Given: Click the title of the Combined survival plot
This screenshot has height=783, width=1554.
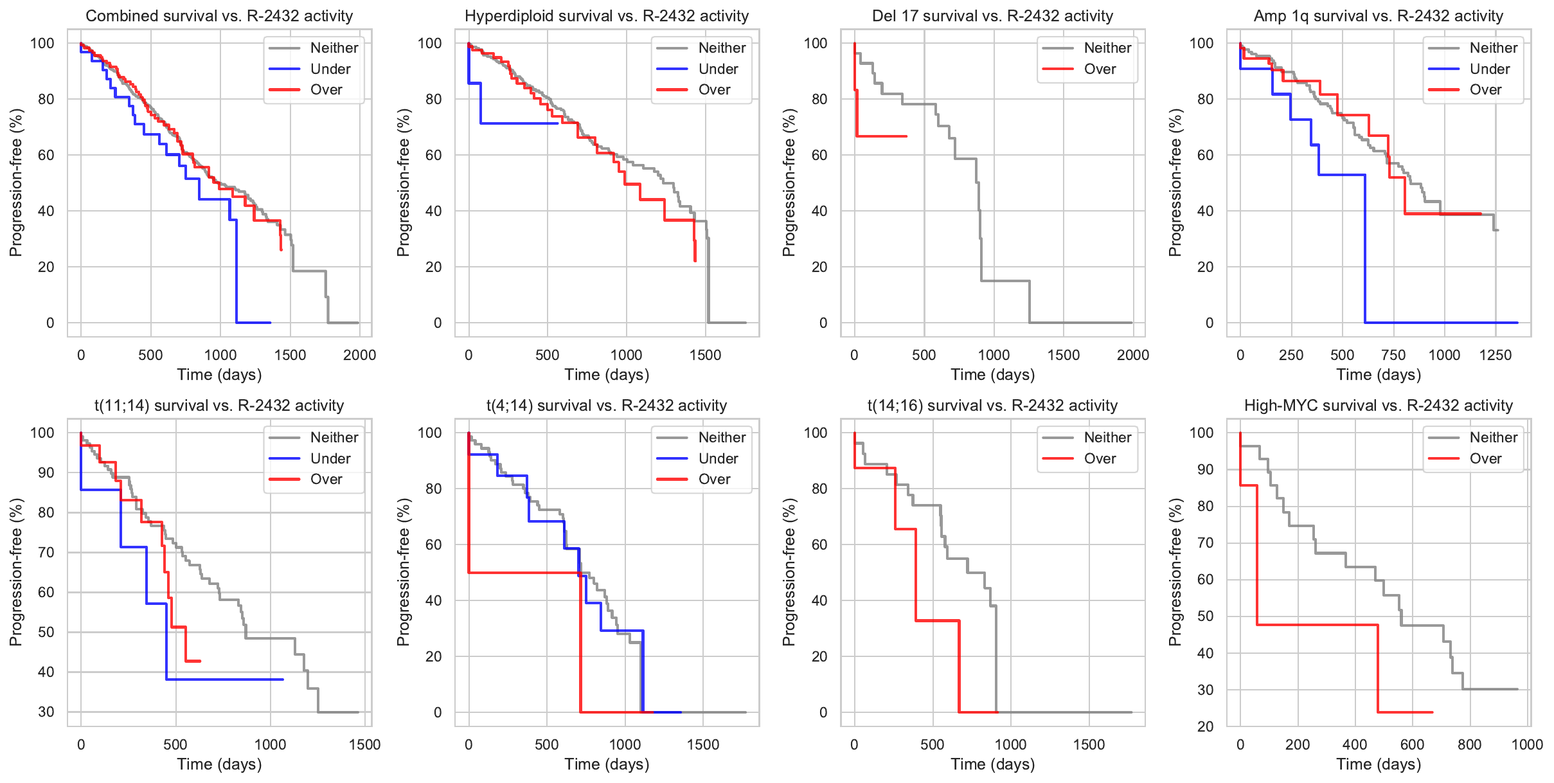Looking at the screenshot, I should coord(219,16).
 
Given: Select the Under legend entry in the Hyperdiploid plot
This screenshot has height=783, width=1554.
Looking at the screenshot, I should coord(717,69).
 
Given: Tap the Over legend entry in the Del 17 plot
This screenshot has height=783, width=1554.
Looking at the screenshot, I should coord(1099,69).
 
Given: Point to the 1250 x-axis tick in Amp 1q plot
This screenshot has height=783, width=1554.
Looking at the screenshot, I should coord(1495,355).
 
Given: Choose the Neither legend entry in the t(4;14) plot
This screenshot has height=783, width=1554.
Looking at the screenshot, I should coord(721,437).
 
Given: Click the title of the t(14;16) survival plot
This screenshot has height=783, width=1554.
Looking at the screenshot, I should coord(992,406).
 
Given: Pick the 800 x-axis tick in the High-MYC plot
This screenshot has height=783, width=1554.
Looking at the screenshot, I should coord(1469,744).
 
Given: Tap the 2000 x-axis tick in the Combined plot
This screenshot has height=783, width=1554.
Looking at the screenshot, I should coord(359,355).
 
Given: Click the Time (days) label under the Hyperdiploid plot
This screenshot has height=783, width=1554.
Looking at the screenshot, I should coord(607,375).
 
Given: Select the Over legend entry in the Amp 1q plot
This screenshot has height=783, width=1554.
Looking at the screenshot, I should coord(1485,90).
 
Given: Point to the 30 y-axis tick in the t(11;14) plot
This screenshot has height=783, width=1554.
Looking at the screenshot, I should coord(46,712).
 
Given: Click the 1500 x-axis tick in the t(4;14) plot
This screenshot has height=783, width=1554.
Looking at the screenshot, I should coord(703,744).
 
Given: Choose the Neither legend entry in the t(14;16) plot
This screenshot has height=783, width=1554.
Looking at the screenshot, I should coord(1107,437).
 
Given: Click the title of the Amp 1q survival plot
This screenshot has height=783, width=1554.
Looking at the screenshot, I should coord(1378,16).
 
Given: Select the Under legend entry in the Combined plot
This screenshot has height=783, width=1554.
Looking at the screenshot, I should coord(330,69).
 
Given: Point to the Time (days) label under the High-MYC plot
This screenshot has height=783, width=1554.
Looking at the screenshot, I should coord(1378,764).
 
